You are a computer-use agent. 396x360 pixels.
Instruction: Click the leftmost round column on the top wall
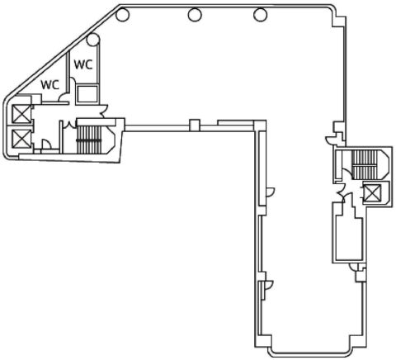click(x=122, y=15)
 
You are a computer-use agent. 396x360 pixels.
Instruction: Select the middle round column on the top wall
click(x=195, y=15)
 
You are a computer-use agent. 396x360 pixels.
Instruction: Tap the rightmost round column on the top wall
click(x=260, y=15)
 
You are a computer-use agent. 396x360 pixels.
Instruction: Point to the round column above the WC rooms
click(x=93, y=40)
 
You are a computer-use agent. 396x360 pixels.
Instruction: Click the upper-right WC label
click(x=83, y=64)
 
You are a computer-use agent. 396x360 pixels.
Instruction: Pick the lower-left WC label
click(x=50, y=85)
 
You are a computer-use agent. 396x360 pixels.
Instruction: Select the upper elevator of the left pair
click(x=21, y=114)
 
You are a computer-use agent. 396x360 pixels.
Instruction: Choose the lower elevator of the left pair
click(x=21, y=139)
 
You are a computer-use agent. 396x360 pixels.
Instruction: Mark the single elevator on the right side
click(x=372, y=193)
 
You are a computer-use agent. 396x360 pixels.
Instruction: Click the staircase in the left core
click(x=89, y=139)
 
